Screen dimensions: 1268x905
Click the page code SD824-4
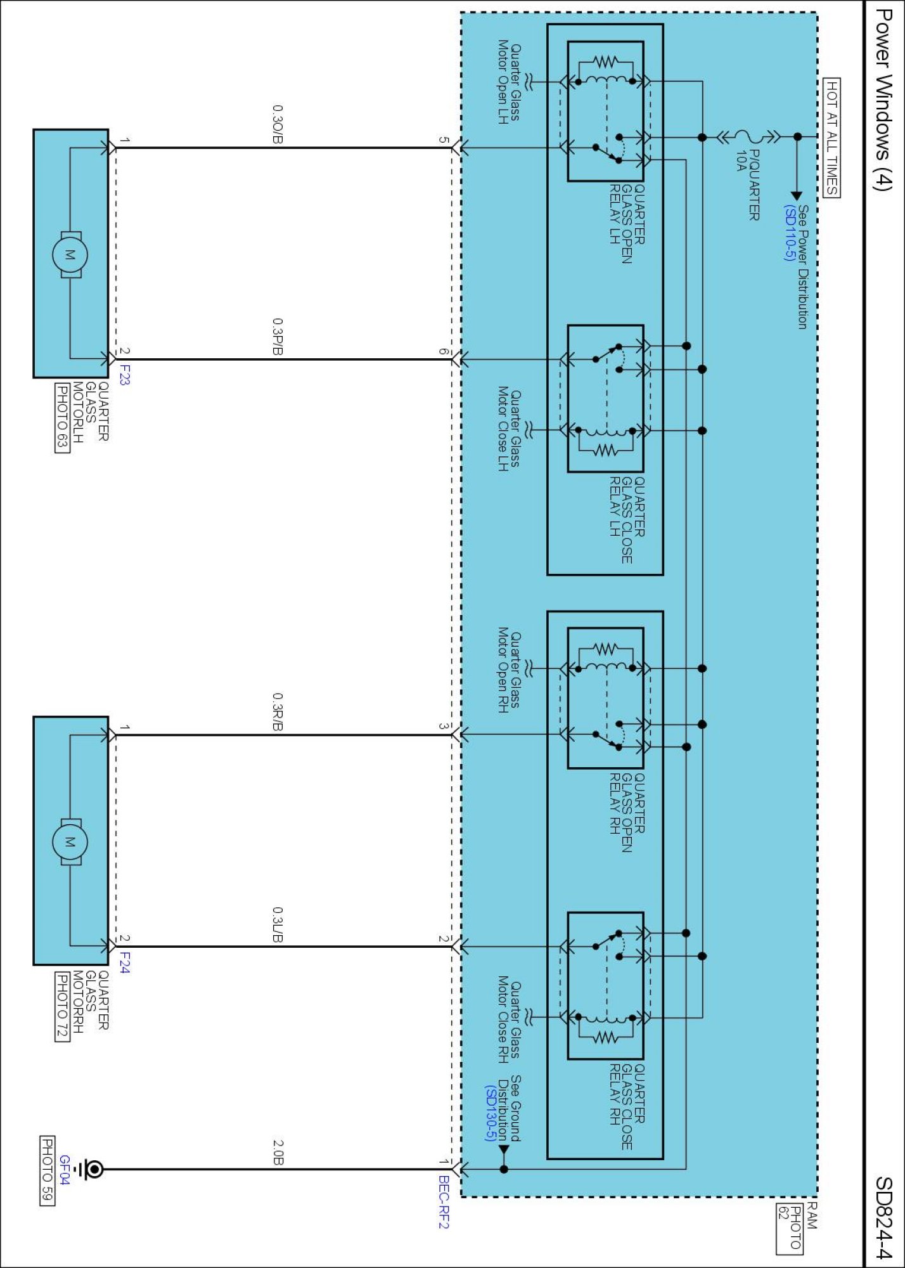pyautogui.click(x=883, y=1217)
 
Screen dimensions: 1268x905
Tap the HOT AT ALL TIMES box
pyautogui.click(x=831, y=138)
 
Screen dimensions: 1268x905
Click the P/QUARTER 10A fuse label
pyautogui.click(x=748, y=184)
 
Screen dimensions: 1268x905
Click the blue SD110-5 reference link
pyautogui.click(x=789, y=233)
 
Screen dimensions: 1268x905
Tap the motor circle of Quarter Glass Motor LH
pyautogui.click(x=70, y=255)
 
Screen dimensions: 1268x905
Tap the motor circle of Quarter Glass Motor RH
pyautogui.click(x=70, y=842)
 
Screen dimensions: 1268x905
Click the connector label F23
pyautogui.click(x=124, y=375)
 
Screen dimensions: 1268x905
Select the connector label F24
pyautogui.click(x=124, y=962)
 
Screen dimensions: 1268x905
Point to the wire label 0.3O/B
pyautogui.click(x=278, y=124)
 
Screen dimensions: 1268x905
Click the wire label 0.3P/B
pyautogui.click(x=278, y=337)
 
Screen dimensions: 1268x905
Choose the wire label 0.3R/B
pyautogui.click(x=278, y=711)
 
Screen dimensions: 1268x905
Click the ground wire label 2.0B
pyautogui.click(x=278, y=1153)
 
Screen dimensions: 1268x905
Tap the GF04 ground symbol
pyautogui.click(x=94, y=1169)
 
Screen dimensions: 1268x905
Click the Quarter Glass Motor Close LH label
pyautogui.click(x=508, y=429)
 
